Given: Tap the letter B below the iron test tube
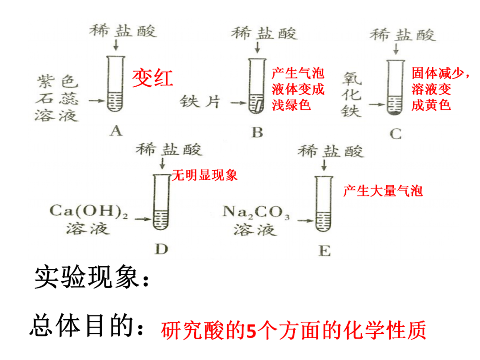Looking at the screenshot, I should click(x=257, y=132).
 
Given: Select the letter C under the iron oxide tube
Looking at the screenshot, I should click(x=395, y=133).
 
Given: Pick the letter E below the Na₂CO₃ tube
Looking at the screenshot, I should click(x=324, y=251).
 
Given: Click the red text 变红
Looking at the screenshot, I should click(x=152, y=78).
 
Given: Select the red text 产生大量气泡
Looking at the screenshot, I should click(x=383, y=191).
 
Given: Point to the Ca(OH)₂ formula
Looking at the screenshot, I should click(x=88, y=211).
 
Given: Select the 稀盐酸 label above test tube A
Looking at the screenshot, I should click(x=123, y=31).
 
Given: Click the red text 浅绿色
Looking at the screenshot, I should click(x=291, y=105).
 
